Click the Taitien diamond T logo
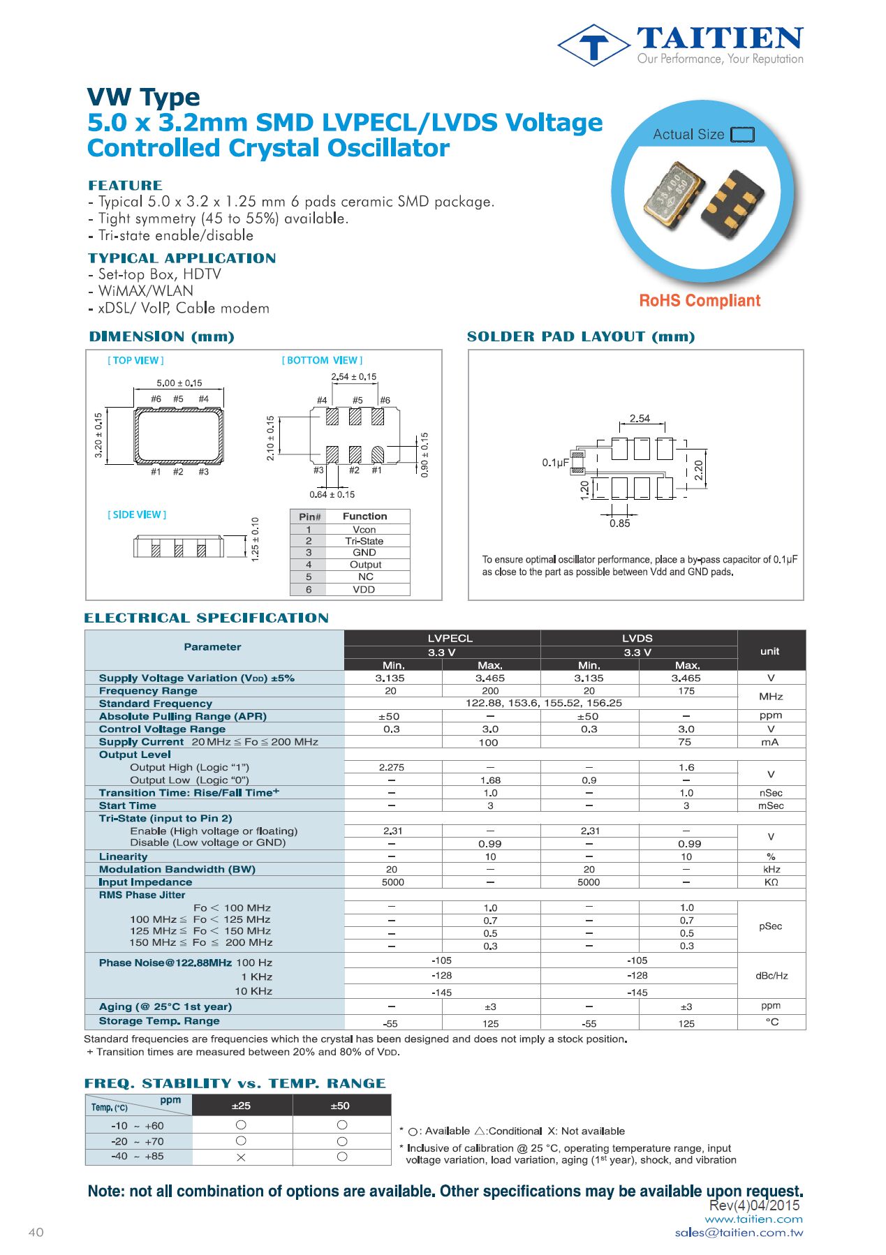(593, 45)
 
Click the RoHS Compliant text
(699, 301)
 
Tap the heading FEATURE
(125, 185)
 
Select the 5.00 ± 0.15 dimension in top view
(179, 383)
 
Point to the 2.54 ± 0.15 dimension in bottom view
(353, 377)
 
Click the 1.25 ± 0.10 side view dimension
(255, 539)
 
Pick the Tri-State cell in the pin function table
(364, 541)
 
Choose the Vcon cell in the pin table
(364, 530)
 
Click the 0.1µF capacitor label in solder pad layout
(555, 463)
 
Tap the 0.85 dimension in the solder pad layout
(619, 523)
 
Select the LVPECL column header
(450, 638)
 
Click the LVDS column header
(637, 638)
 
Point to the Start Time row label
(128, 805)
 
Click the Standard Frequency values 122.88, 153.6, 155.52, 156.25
(543, 704)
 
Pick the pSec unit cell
(770, 926)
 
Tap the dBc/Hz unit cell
(771, 976)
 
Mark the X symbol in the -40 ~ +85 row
(241, 1157)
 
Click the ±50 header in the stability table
(340, 1106)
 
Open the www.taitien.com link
(753, 1219)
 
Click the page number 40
(36, 1233)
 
